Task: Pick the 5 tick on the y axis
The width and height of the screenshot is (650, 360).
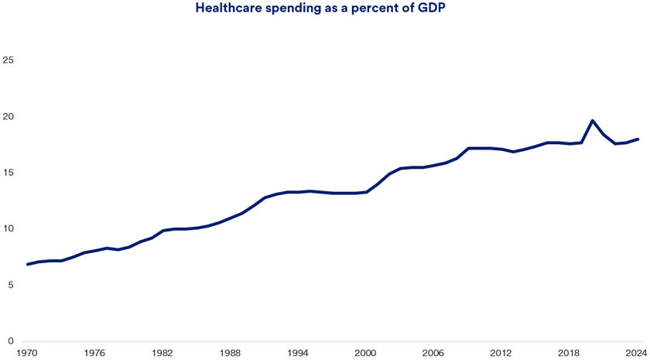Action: pos(11,285)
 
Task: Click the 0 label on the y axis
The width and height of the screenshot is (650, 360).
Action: pos(11,341)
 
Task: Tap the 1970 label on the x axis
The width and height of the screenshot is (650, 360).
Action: pos(27,352)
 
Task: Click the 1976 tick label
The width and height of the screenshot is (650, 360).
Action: pos(94,352)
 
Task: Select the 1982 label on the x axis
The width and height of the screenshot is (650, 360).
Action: pos(162,352)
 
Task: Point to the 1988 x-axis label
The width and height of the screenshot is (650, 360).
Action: pos(230,352)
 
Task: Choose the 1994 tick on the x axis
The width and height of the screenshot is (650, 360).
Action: pos(298,352)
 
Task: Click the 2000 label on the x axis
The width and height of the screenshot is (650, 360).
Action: pos(365,352)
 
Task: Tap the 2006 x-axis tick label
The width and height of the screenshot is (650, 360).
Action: pos(433,352)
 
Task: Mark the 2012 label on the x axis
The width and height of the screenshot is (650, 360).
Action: pos(501,352)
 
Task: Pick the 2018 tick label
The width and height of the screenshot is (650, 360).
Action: pos(569,352)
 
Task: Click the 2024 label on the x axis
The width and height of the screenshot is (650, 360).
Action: pos(635,352)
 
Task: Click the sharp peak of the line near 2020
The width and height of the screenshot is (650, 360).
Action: pos(592,121)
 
